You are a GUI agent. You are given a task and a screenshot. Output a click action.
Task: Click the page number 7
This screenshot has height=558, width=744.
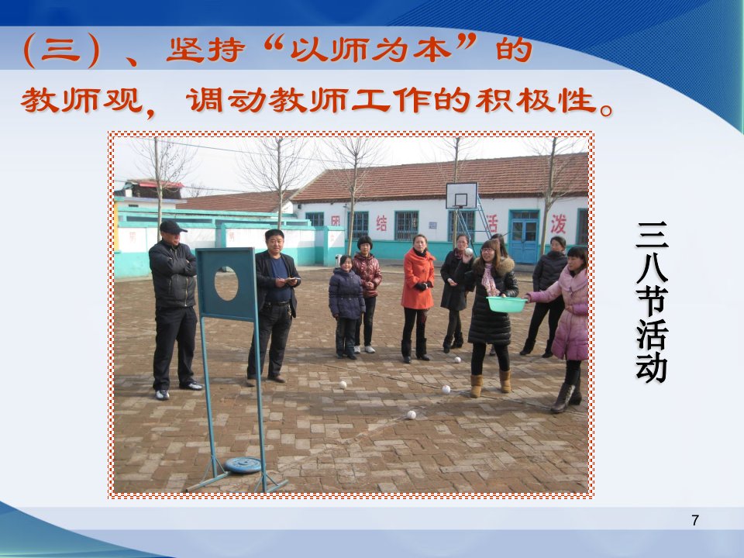click(695, 521)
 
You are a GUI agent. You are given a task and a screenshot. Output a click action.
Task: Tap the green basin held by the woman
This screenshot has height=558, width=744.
click(506, 304)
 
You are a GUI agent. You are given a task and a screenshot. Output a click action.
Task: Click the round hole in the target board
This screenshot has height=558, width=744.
click(226, 284)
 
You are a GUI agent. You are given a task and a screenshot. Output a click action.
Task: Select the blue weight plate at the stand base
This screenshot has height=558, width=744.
click(243, 465)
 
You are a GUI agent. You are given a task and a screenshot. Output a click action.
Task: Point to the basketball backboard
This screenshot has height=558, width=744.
click(461, 196)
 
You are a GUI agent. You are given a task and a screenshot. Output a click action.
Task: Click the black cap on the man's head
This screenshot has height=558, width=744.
click(172, 227)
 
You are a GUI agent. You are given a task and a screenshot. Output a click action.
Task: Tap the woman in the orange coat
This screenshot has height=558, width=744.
click(418, 298)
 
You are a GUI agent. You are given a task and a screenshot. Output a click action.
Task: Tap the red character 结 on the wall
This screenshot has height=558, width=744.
click(381, 223)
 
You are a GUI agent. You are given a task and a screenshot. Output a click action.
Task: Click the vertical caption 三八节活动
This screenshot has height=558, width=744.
click(652, 302)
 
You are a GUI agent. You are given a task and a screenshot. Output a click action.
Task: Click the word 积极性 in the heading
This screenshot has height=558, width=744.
click(536, 101)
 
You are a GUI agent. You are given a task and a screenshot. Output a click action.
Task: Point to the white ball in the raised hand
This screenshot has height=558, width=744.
click(469, 251)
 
